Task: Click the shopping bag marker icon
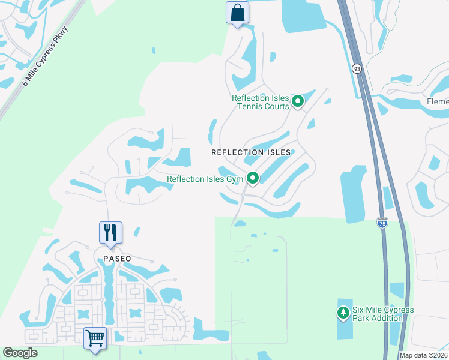[237, 13]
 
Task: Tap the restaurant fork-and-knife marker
[110, 232]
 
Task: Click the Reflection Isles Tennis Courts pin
[298, 102]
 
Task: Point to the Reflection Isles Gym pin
[253, 178]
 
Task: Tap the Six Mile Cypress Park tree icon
[343, 313]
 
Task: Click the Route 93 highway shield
[357, 69]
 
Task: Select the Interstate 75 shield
[382, 223]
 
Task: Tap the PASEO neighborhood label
[116, 259]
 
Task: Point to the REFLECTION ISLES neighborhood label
[251, 152]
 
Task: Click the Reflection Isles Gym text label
[205, 179]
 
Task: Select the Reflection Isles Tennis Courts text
[261, 103]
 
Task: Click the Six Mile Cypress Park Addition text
[382, 314]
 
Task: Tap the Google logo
[20, 353]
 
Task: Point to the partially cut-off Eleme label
[438, 102]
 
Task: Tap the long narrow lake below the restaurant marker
[109, 288]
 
